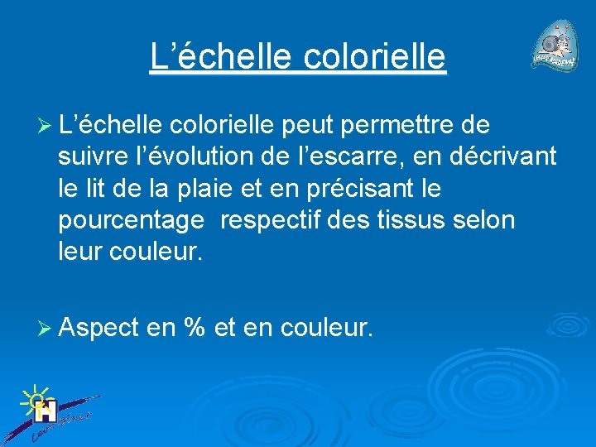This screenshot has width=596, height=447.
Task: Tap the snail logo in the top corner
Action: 555,48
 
